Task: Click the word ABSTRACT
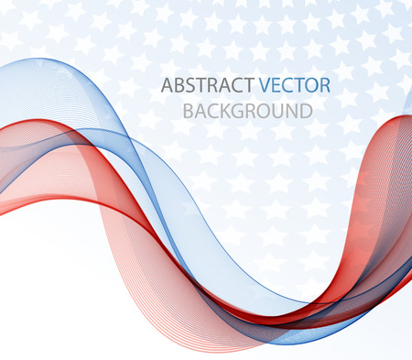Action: coord(208,86)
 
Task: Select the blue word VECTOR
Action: coord(294,86)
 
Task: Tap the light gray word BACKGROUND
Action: coord(247,112)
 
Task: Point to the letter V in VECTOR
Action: coord(266,86)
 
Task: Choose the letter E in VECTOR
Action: coord(277,86)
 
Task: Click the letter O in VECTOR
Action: coord(311,86)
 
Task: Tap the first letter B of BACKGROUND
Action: coord(189,112)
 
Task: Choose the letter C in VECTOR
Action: coord(288,86)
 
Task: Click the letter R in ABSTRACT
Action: coord(215,86)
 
